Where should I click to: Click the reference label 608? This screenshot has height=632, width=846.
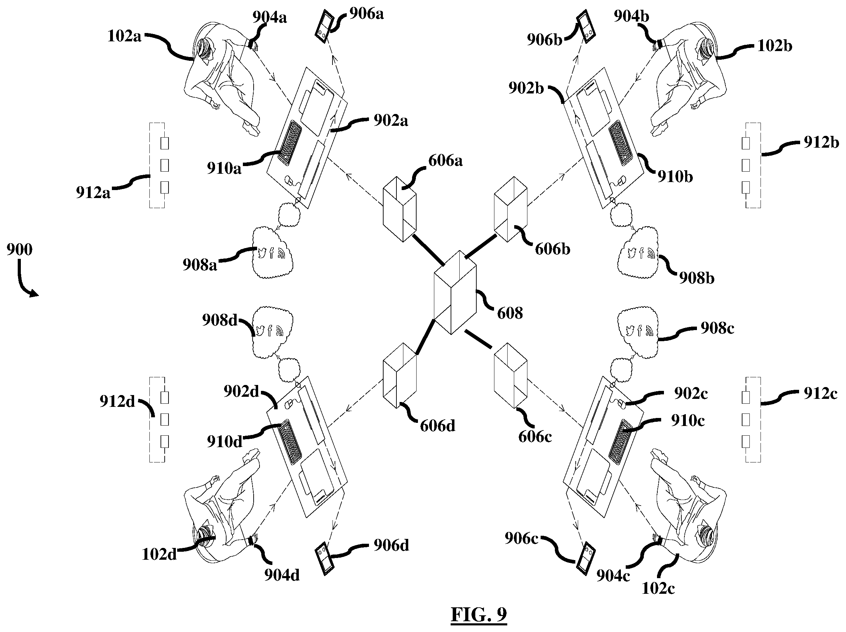(510, 313)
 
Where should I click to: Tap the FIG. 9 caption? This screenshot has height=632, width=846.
(478, 614)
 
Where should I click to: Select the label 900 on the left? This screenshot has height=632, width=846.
(19, 249)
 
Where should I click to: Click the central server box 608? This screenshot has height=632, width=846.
(455, 293)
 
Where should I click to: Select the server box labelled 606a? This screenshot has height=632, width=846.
(399, 209)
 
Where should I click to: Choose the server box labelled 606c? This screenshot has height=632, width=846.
(511, 375)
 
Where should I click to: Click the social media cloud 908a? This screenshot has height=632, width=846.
(273, 253)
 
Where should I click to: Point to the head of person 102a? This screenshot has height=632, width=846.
(206, 49)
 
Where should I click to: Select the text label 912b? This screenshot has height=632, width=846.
(821, 142)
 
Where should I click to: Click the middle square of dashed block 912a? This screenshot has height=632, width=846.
(164, 166)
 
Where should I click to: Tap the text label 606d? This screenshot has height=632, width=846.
(437, 426)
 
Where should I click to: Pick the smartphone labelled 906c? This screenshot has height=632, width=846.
(585, 558)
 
